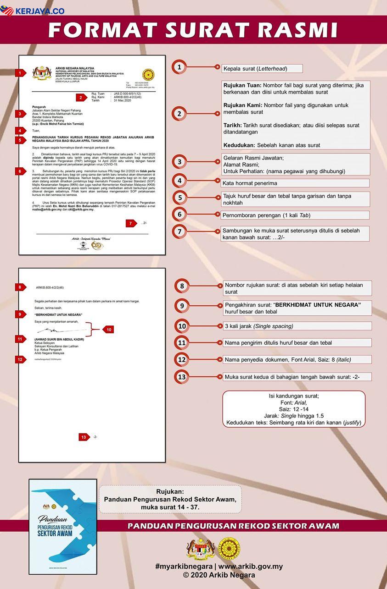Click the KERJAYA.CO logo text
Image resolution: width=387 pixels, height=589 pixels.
click(x=39, y=11)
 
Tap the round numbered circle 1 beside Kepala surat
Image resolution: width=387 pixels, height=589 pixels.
click(x=179, y=67)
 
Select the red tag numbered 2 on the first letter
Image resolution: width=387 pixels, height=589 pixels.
click(x=81, y=97)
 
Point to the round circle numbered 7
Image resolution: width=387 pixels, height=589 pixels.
click(x=179, y=231)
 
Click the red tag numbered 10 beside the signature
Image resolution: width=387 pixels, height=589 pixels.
click(x=108, y=329)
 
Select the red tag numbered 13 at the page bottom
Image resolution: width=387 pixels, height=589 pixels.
click(x=84, y=437)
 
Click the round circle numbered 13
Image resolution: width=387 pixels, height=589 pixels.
click(x=182, y=377)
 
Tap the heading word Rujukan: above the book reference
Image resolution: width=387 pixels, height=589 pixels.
click(x=170, y=490)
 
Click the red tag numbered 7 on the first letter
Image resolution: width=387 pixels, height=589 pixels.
click(x=130, y=223)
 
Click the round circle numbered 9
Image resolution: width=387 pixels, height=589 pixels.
click(x=182, y=306)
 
